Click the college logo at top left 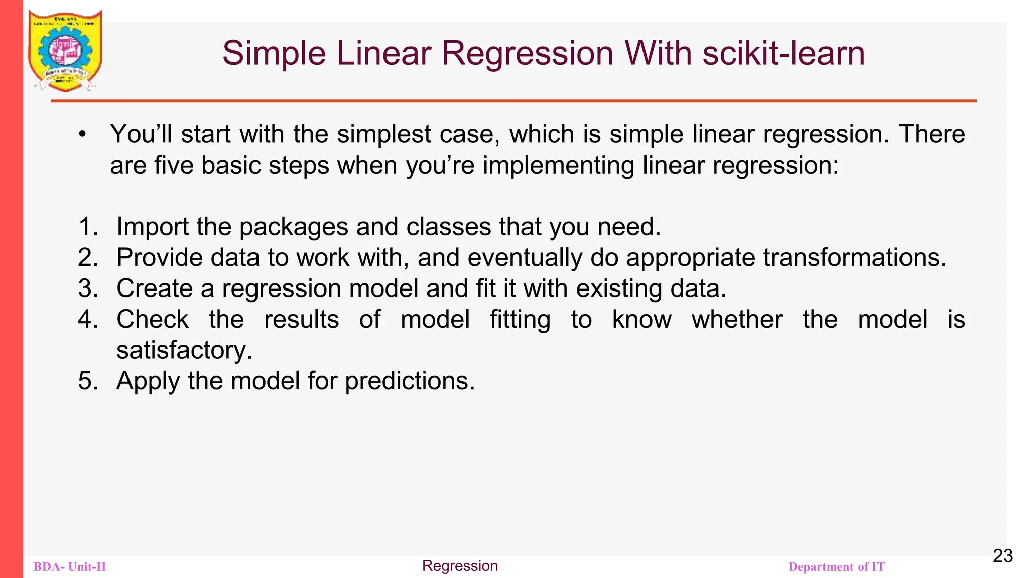(65, 50)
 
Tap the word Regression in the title (527, 53)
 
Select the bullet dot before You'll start (82, 134)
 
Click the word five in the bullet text (174, 165)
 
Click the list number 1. (87, 227)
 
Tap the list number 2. (87, 257)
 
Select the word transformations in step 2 (854, 257)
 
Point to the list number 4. (87, 319)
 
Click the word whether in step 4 (737, 319)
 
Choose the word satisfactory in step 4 (184, 350)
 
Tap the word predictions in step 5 (410, 381)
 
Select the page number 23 (1002, 556)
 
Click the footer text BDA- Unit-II (70, 567)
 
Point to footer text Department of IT (836, 567)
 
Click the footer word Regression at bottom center (460, 566)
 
